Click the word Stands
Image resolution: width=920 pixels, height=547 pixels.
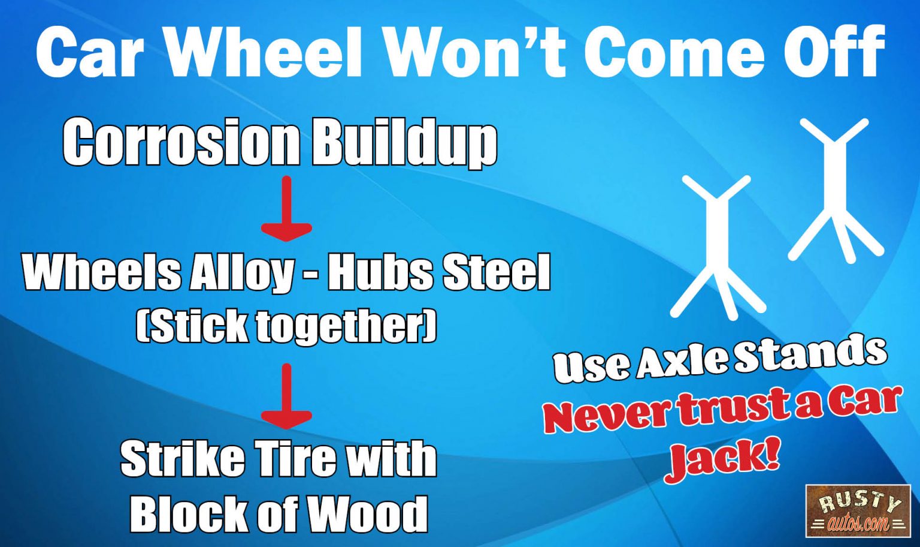810,354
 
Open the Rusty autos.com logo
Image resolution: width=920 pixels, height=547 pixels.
858,510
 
